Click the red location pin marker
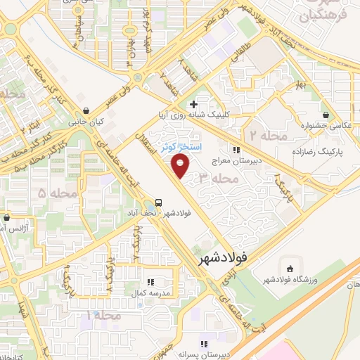point(181,166)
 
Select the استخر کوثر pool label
point(180,147)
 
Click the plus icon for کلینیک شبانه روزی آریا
point(203,105)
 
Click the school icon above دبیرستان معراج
point(238,149)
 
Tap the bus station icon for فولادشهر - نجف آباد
point(160,201)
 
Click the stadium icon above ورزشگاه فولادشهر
point(289,266)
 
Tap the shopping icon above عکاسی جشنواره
point(326,115)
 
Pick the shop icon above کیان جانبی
point(86,110)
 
